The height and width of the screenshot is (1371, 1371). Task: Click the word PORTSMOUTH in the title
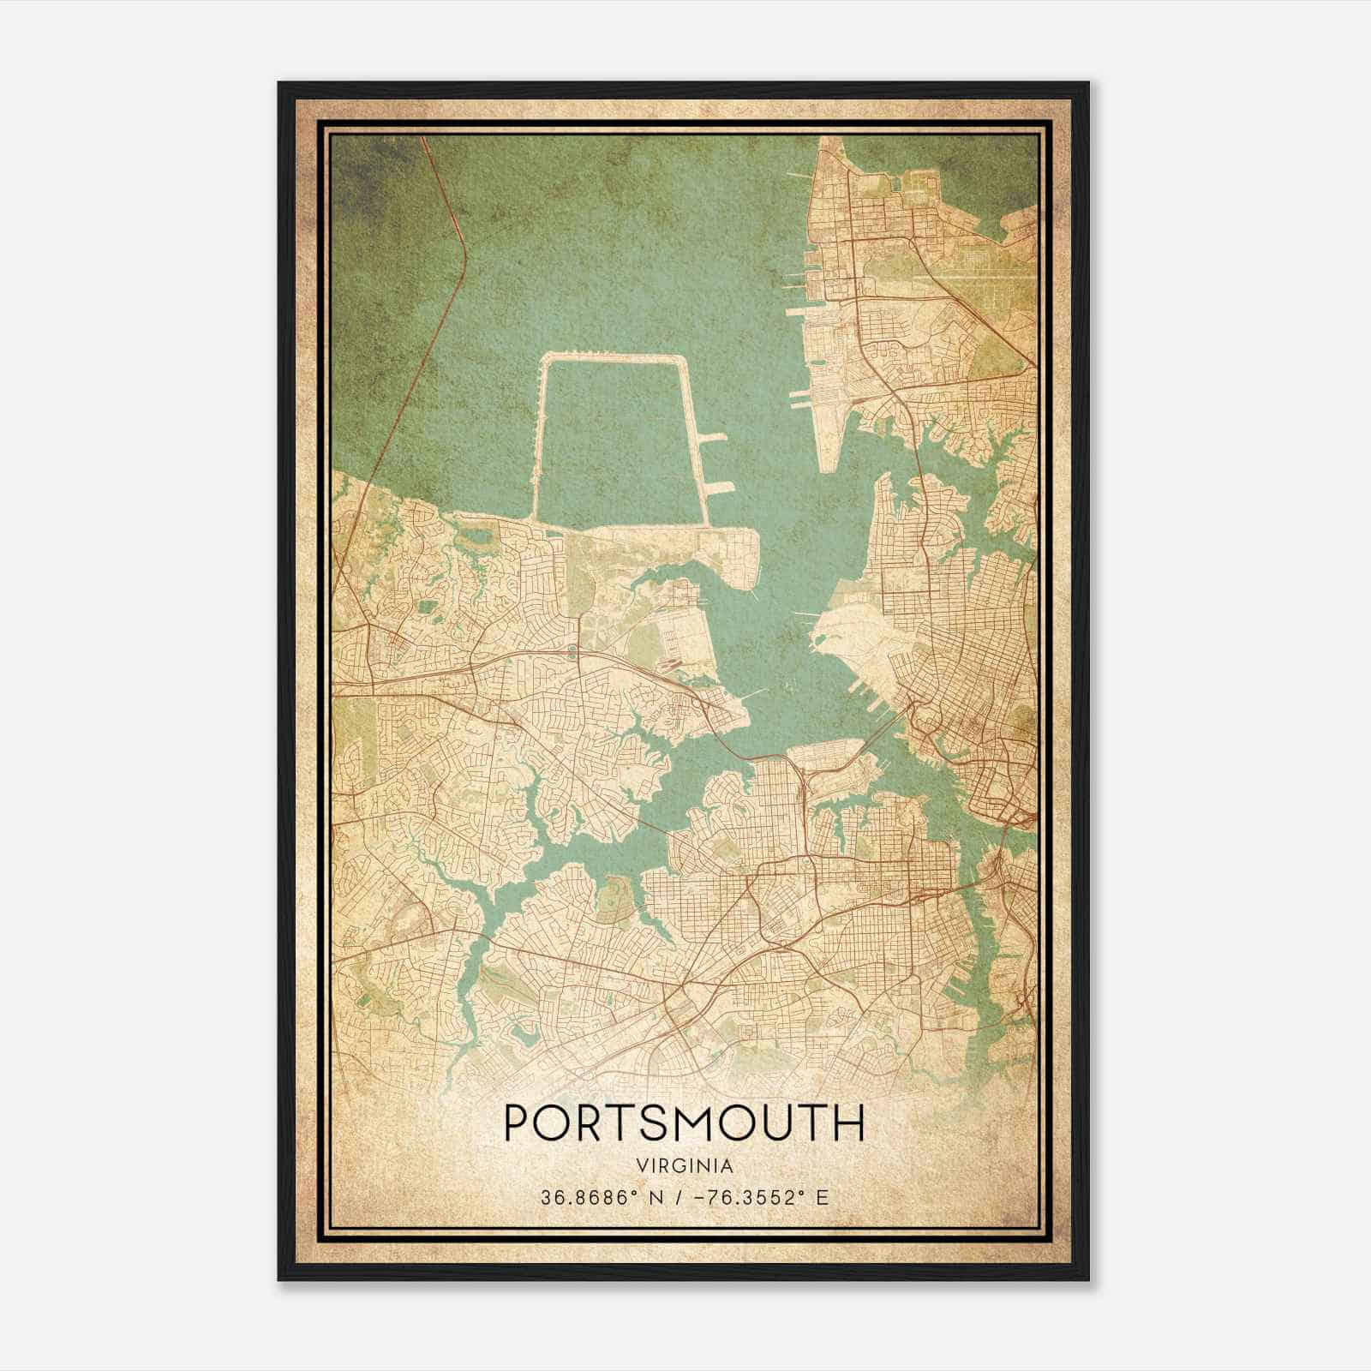pyautogui.click(x=684, y=1123)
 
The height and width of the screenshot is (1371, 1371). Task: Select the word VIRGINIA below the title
pyautogui.click(x=684, y=1166)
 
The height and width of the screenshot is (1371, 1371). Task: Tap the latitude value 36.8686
pyautogui.click(x=579, y=1198)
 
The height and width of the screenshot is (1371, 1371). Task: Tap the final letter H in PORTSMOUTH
pyautogui.click(x=849, y=1123)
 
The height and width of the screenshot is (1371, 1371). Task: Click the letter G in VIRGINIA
pyautogui.click(x=677, y=1166)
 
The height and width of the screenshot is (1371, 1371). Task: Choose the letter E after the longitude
pyautogui.click(x=823, y=1198)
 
